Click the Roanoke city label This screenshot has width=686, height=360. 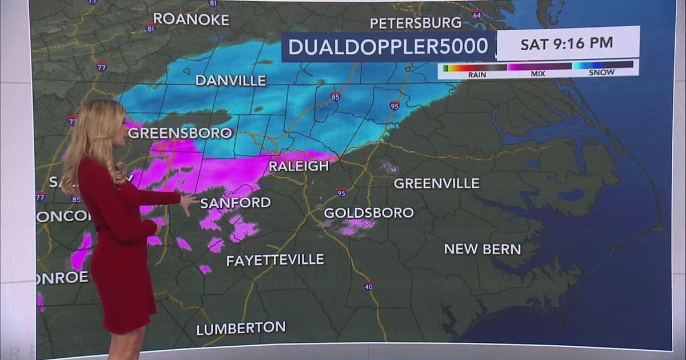(191, 19)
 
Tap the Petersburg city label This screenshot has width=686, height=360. (416, 23)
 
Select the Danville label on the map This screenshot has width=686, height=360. (231, 81)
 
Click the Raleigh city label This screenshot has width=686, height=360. (299, 166)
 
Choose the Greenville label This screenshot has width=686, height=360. (436, 183)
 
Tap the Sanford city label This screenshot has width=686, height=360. (236, 202)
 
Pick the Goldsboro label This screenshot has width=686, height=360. (369, 213)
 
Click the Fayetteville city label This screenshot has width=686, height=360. (275, 261)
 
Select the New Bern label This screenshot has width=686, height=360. (482, 249)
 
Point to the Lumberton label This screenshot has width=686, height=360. (241, 329)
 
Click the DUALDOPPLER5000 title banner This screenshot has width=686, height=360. (388, 47)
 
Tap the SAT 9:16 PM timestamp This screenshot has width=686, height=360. (567, 43)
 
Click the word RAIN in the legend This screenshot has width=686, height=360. (477, 74)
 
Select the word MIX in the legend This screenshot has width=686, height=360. (537, 74)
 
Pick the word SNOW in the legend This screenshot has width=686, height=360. (602, 73)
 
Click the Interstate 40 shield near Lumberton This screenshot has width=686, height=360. (369, 285)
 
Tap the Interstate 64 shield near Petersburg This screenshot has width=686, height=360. (477, 14)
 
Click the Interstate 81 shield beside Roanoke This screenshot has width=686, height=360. (150, 28)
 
